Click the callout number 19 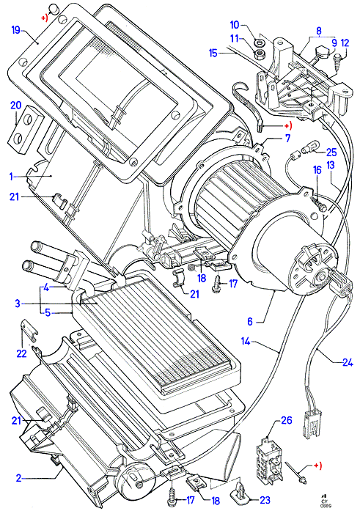[16, 30]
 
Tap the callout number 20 [15, 106]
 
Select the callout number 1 [12, 176]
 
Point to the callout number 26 [287, 420]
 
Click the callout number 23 [265, 499]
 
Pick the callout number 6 [250, 322]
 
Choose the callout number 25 [331, 152]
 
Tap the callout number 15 [213, 53]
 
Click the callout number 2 [19, 478]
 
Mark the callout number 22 [21, 353]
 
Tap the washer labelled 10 [259, 43]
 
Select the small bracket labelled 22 [29, 330]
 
